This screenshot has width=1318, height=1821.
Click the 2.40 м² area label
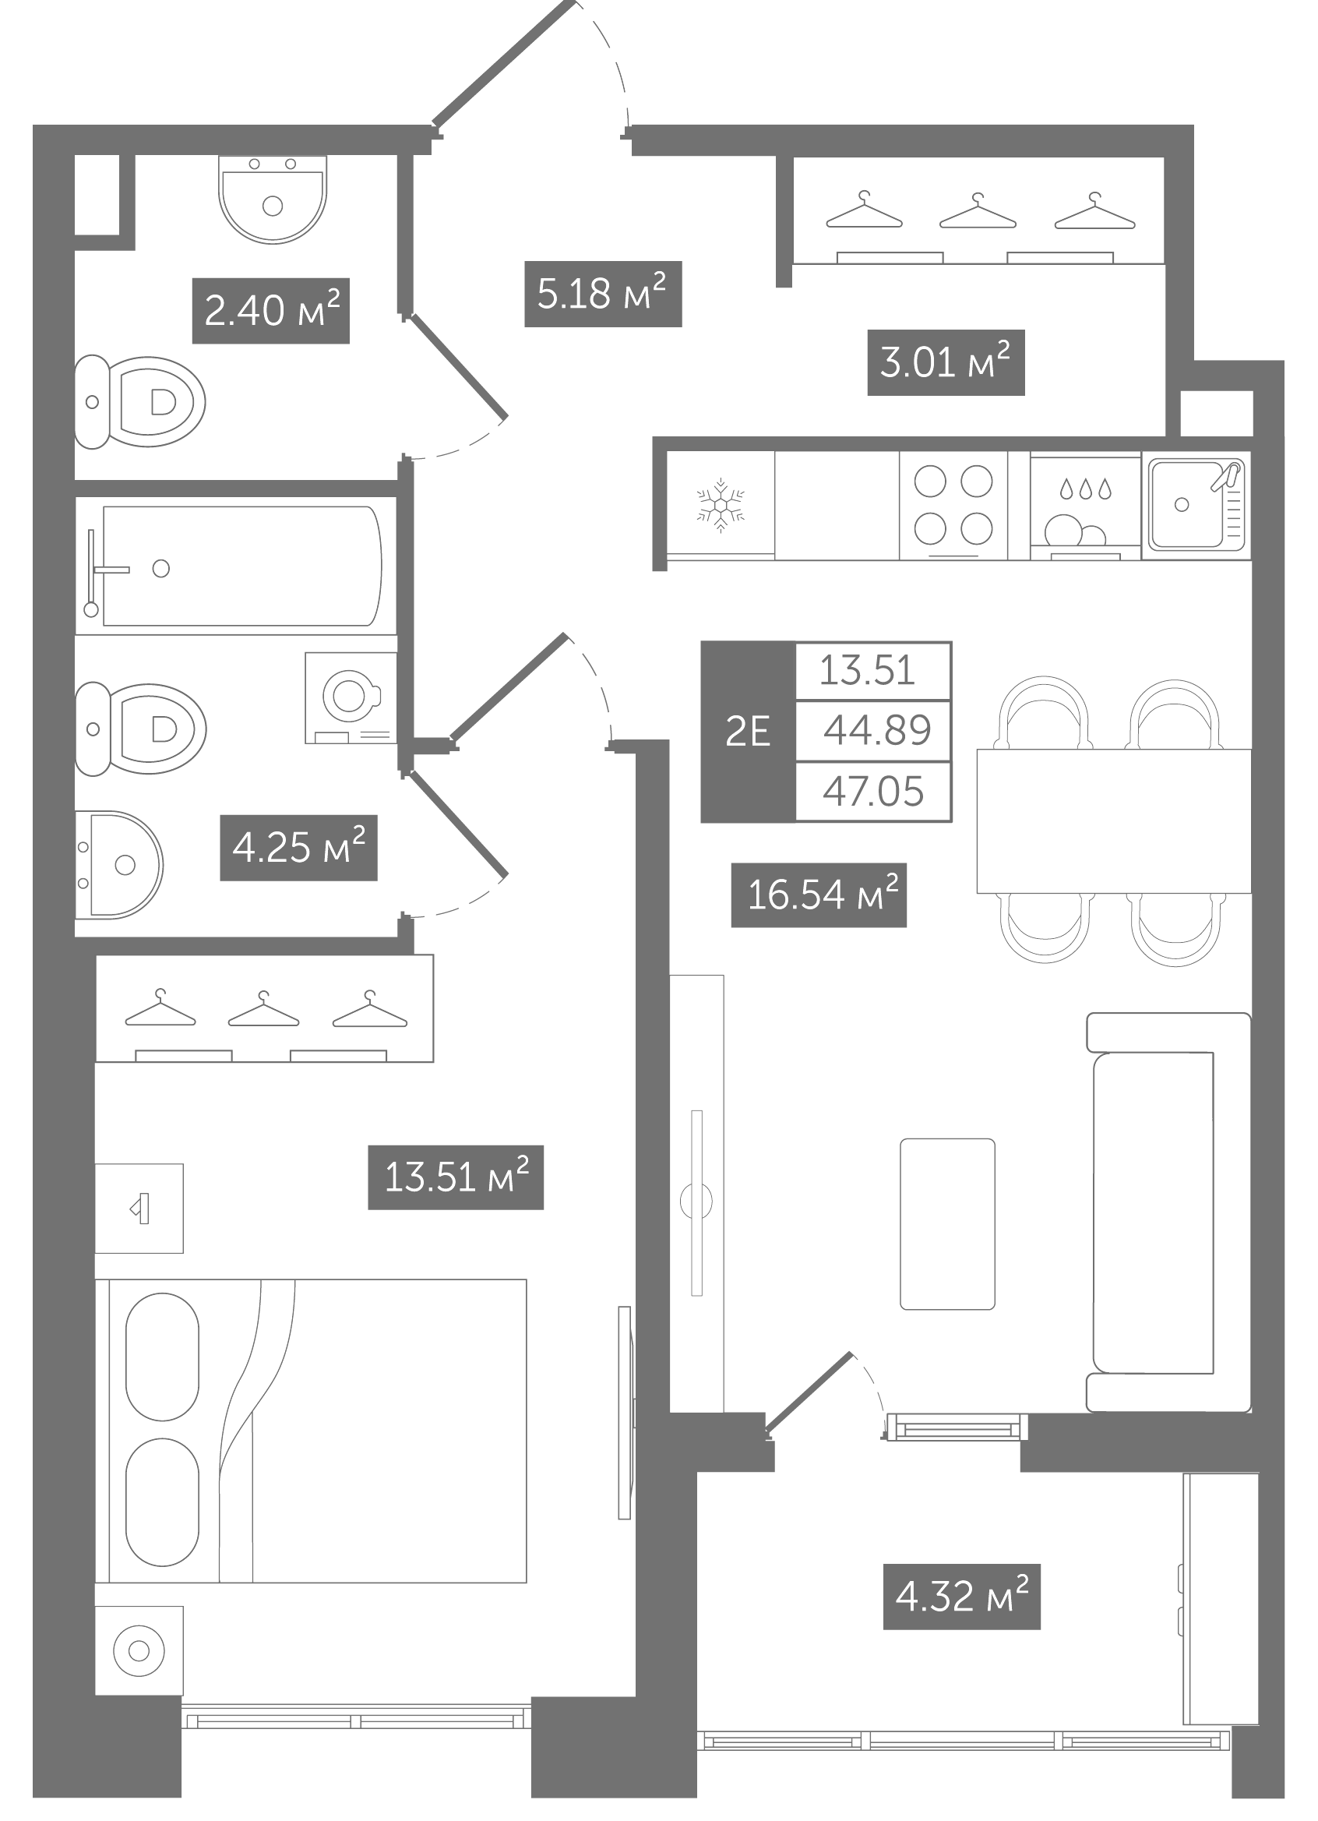point(271,311)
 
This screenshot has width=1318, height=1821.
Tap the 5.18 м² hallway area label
point(603,294)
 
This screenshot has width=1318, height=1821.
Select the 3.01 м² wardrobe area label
point(946,362)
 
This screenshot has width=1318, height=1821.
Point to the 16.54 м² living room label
point(819,895)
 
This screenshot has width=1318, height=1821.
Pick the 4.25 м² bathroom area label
point(298,848)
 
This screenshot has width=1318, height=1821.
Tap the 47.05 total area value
point(873,792)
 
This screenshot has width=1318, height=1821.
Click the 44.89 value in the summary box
point(876,731)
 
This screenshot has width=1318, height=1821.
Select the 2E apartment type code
point(747,732)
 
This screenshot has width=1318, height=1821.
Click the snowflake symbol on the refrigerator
point(721,506)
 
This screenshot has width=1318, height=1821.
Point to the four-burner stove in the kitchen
point(953,506)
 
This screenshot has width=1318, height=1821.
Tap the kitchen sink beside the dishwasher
point(1196,505)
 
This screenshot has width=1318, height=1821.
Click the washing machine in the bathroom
point(351,697)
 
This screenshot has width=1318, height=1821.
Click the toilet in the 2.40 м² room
point(139,401)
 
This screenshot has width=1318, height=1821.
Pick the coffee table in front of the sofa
point(947,1223)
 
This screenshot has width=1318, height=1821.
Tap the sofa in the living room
point(1168,1212)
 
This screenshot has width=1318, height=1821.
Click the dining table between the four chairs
point(1114,821)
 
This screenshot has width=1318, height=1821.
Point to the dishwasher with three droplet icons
point(1085,506)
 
